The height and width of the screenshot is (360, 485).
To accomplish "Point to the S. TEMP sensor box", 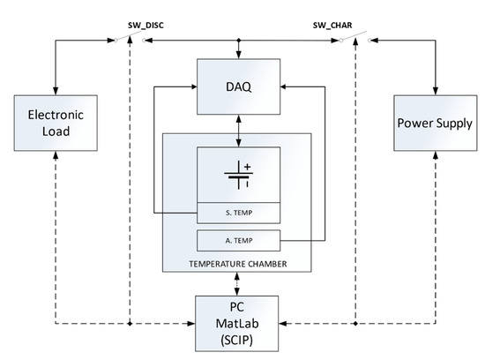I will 237,212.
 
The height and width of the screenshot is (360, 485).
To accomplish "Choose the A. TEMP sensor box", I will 237,238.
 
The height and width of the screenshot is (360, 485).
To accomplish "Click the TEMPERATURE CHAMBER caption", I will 237,262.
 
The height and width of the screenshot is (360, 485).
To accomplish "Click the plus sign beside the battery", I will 247,166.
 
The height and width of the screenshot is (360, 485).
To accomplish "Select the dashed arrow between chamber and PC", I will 237,284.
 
